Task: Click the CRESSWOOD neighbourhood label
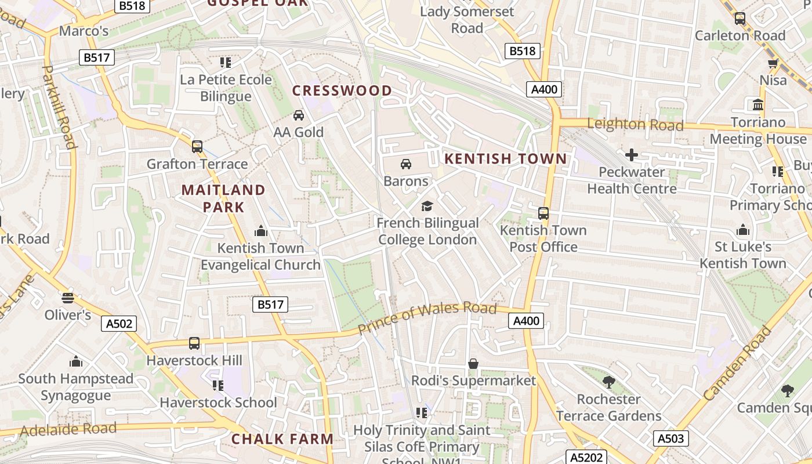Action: point(342,90)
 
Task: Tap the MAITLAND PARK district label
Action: point(223,198)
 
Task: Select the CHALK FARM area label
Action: point(282,439)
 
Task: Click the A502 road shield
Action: point(119,324)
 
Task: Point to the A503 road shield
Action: point(670,438)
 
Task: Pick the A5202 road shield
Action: point(586,456)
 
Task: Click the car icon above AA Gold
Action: point(299,115)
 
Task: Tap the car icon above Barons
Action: point(406,164)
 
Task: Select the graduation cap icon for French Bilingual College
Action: point(427,206)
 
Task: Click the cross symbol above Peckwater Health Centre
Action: point(632,155)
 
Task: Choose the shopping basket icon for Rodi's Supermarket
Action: point(473,364)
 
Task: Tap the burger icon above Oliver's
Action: point(68,298)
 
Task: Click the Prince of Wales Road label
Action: point(427,318)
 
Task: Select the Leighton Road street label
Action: point(635,124)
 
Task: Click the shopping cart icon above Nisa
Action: point(773,63)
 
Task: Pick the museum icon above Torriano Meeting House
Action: point(757,105)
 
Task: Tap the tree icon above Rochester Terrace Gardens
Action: point(608,382)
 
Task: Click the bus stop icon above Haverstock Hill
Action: point(194,343)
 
